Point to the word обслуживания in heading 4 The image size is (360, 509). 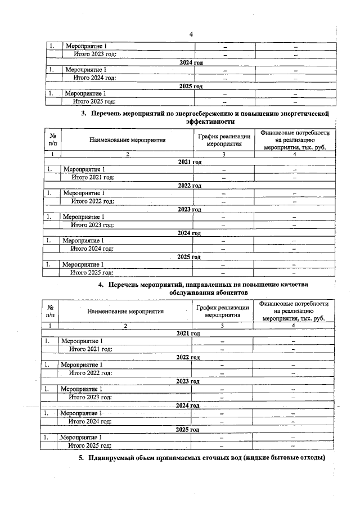tap(188, 293)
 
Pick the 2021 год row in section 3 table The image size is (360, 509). tap(189, 161)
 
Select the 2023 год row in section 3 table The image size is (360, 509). tap(189, 209)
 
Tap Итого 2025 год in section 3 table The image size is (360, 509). tap(92, 272)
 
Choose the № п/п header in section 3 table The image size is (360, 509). tap(52, 139)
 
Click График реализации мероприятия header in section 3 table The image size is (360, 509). tap(223, 139)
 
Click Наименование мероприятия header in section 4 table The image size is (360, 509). tap(125, 311)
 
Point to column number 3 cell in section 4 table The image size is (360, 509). tap(222, 326)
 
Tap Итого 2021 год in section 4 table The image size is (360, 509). tap(90, 349)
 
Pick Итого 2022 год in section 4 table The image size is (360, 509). tap(90, 372)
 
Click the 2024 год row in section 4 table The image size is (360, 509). tap(188, 405)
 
